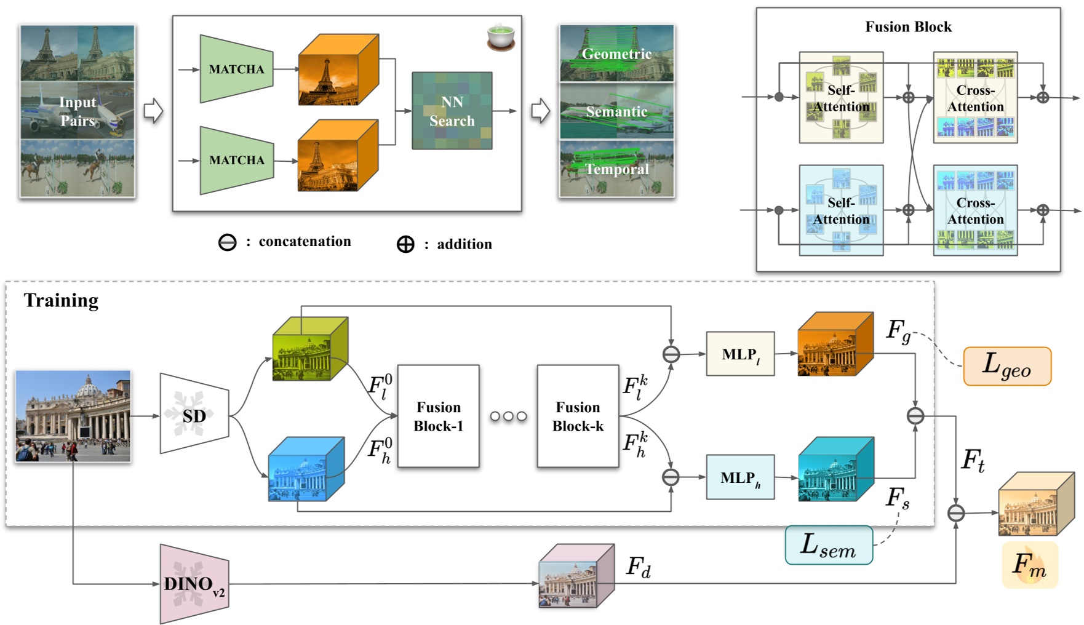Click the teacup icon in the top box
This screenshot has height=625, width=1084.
[x=501, y=37]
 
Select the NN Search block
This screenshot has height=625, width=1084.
[x=452, y=111]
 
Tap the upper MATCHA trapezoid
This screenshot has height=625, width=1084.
[x=236, y=69]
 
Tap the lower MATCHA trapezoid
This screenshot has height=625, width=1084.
[x=236, y=160]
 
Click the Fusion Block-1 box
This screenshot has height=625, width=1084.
[x=438, y=416]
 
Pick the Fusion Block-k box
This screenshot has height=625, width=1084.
[x=578, y=416]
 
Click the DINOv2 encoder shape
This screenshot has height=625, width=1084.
[x=194, y=583]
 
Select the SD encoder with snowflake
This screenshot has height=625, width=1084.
[x=194, y=414]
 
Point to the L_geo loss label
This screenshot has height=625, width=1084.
[x=1006, y=366]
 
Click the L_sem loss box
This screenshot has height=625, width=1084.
[x=828, y=545]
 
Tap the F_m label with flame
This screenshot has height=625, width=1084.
[x=1029, y=565]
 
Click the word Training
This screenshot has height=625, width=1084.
[x=61, y=300]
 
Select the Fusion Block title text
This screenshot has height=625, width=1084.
[x=908, y=27]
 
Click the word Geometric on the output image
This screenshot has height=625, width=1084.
[x=616, y=54]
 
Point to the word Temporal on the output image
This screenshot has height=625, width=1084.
[x=616, y=169]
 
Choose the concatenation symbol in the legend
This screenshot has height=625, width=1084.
[x=227, y=242]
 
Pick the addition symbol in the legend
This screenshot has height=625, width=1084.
[x=405, y=244]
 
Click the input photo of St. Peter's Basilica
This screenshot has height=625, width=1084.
[x=73, y=416]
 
